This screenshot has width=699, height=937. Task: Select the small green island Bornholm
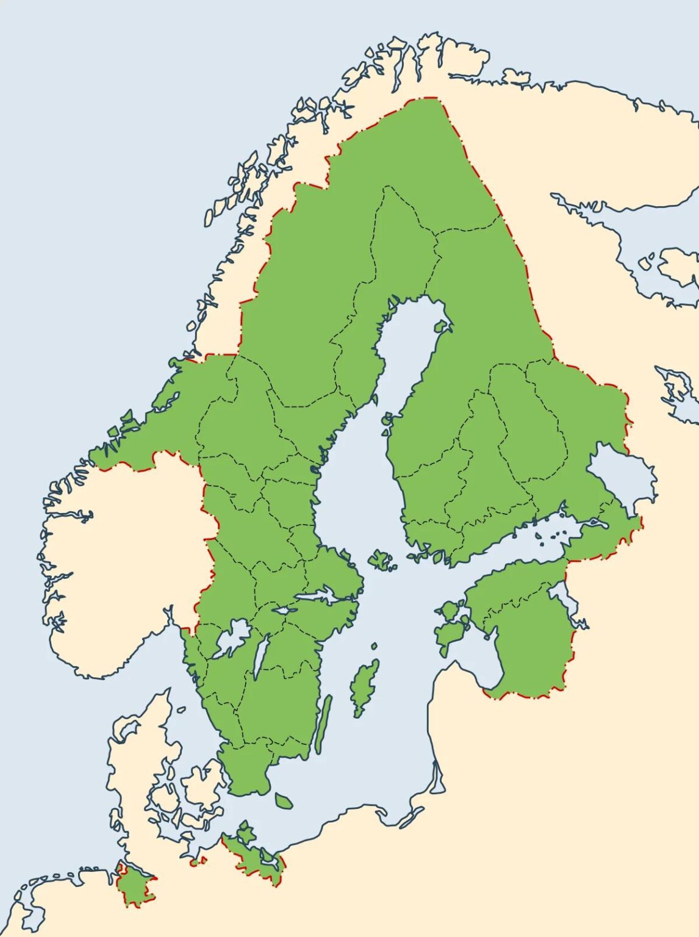pyautogui.click(x=283, y=800)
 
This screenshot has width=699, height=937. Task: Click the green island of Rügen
pyautogui.click(x=246, y=833)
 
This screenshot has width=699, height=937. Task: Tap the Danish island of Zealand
pyautogui.click(x=203, y=787)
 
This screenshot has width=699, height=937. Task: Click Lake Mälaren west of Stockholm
pyautogui.click(x=317, y=596)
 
